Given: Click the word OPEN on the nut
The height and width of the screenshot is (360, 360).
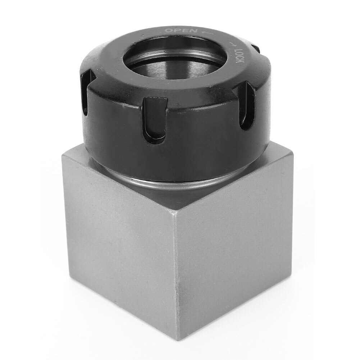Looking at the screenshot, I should pyautogui.click(x=181, y=31).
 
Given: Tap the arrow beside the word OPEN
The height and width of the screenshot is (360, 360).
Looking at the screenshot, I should pyautogui.click(x=207, y=33).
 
